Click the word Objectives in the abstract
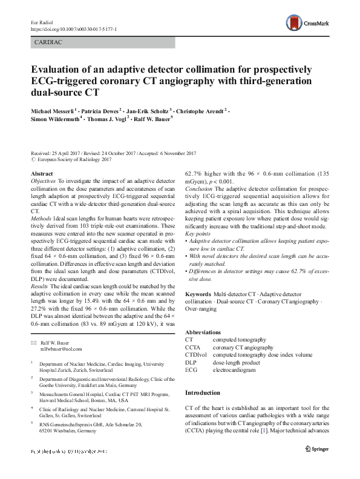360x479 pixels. click(43, 181)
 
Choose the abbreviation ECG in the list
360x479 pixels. click(191, 369)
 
